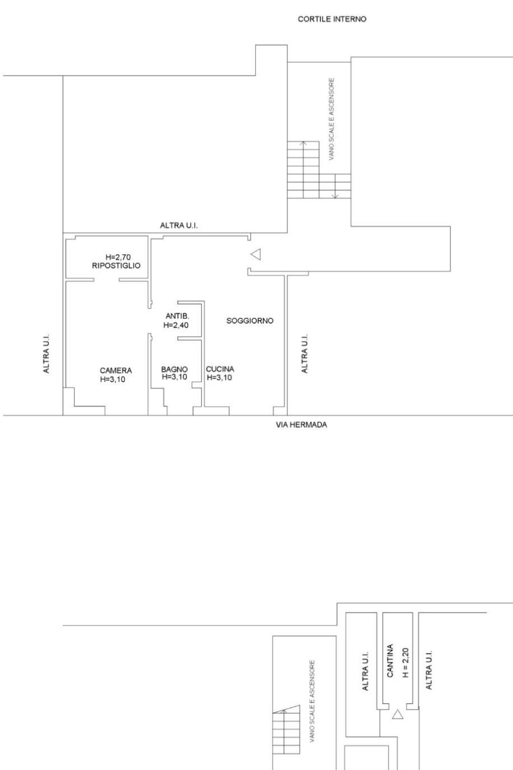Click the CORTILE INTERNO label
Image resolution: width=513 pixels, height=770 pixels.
(332, 19)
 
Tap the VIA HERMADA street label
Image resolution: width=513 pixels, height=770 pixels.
(301, 425)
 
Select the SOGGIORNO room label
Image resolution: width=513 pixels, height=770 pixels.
(250, 321)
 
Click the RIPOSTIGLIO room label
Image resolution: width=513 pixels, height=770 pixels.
(116, 266)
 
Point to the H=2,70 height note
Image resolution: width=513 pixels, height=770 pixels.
(118, 257)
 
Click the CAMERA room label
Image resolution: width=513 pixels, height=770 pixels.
(116, 370)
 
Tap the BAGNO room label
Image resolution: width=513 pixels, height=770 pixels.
(175, 369)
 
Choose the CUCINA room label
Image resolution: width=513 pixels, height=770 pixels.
(220, 369)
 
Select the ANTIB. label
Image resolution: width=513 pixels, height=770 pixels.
(178, 316)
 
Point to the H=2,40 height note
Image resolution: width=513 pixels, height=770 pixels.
(176, 325)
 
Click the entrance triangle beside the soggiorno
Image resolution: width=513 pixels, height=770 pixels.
(255, 254)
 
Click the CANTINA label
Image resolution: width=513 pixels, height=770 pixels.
(390, 666)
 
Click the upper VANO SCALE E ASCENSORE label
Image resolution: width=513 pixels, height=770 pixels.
(332, 119)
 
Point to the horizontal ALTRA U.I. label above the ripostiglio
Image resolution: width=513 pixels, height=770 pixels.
(179, 225)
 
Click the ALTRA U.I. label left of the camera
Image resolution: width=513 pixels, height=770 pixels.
(46, 354)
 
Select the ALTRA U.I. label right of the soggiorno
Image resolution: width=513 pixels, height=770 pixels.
(305, 354)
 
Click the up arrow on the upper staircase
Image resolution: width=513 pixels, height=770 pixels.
(303, 169)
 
